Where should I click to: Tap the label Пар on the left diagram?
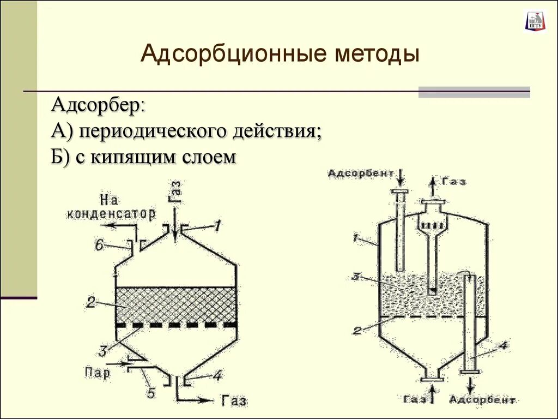point(98,373)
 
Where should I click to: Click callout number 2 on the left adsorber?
point(90,301)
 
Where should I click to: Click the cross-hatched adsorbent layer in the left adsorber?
point(176,305)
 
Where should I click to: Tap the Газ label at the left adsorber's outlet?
point(234,401)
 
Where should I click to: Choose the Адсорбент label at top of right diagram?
point(361,173)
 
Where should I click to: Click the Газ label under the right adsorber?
point(416,399)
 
